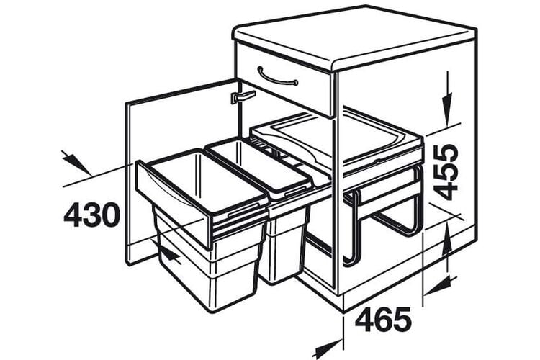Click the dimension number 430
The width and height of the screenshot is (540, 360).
click(x=92, y=215)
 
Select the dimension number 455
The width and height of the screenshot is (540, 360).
click(x=446, y=172)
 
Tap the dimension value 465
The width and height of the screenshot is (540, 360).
click(x=383, y=320)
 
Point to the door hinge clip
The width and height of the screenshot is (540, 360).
click(x=243, y=96)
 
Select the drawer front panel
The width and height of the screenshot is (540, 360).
click(x=284, y=79)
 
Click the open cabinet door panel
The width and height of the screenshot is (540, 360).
click(x=181, y=172)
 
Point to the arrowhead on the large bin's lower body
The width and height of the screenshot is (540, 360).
click(x=171, y=255)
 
